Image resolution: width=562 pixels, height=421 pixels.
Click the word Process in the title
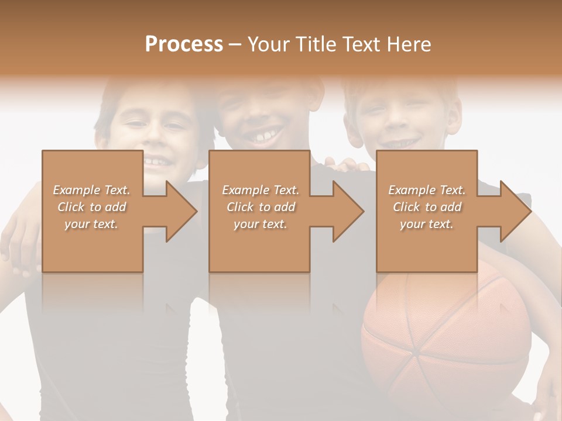tap(184, 44)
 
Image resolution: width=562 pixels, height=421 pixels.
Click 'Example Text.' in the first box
tap(91, 190)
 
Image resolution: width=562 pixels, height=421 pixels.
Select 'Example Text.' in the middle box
tap(260, 190)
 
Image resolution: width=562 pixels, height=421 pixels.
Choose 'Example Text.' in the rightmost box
tap(427, 190)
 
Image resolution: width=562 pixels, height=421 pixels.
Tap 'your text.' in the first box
tap(91, 224)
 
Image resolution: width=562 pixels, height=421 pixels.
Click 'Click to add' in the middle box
tap(260, 207)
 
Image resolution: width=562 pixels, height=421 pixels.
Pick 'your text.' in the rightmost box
tap(427, 224)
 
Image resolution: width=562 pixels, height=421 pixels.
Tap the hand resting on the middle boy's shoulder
tap(349, 165)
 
